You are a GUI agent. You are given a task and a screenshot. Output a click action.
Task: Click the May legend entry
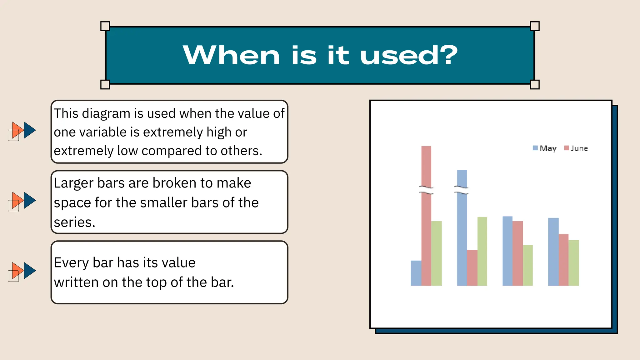[545, 148]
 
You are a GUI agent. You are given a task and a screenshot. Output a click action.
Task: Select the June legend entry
[576, 148]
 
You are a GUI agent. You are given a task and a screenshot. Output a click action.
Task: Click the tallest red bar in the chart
[426, 216]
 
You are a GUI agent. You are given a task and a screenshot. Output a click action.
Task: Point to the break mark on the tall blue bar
[461, 189]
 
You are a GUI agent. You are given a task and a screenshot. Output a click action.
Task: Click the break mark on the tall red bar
[426, 189]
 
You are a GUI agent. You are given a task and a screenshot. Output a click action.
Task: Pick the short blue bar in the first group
[416, 273]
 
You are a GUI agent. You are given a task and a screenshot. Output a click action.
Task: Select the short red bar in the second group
[472, 268]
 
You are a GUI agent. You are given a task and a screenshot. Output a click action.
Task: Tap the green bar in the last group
[574, 263]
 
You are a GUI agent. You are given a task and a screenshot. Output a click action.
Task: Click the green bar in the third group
[528, 265]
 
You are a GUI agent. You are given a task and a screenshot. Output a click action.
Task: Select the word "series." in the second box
[74, 222]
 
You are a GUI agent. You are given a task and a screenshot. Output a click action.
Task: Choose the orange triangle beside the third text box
[17, 271]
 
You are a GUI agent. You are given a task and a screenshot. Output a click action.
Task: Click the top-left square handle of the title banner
[105, 26]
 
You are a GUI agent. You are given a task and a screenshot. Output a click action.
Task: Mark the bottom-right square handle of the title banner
[535, 84]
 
